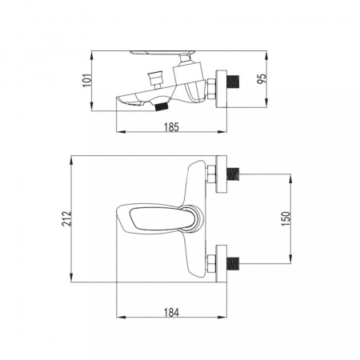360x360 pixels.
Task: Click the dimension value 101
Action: pos(87,80)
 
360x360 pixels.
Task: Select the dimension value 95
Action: pos(262,78)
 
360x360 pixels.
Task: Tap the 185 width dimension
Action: pos(171,127)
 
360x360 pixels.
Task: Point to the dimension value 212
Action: pos(66,218)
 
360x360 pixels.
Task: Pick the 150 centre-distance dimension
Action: pos(286,218)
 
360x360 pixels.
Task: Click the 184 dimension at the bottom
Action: pos(171,312)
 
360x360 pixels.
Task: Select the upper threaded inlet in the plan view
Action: pos(233,174)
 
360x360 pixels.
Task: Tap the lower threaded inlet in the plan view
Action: pos(233,264)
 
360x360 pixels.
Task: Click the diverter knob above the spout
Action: pos(156,76)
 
